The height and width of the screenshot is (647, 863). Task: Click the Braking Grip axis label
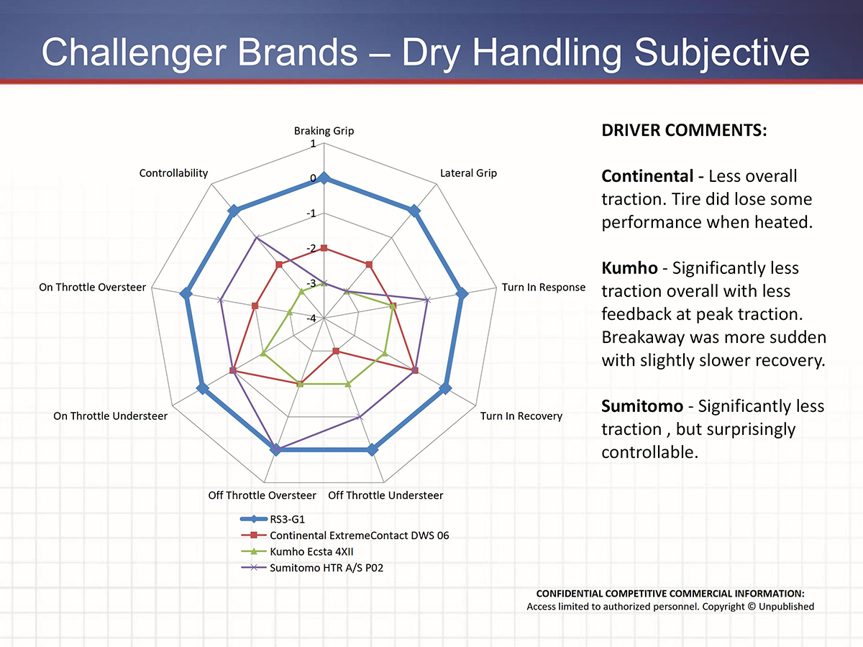tap(324, 131)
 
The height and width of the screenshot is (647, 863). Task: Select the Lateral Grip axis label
tap(468, 173)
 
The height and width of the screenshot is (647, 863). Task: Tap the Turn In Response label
tap(544, 288)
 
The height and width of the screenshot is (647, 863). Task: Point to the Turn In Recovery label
tap(521, 416)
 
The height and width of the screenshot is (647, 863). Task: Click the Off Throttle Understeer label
tap(385, 495)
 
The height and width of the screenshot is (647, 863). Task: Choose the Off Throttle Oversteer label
tap(262, 495)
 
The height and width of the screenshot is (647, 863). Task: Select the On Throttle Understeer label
tap(110, 416)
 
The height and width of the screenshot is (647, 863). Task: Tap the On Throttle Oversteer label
tap(92, 288)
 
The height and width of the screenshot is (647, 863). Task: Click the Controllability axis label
tap(173, 173)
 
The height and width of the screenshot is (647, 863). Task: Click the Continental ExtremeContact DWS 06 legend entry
tap(359, 536)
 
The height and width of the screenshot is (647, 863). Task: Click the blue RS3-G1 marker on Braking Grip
tap(324, 178)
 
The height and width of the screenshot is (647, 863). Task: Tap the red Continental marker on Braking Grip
tap(324, 248)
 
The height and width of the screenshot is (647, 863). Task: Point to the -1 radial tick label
tap(311, 214)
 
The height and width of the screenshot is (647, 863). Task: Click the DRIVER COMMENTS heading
tap(684, 132)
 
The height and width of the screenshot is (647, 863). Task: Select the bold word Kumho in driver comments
tap(629, 268)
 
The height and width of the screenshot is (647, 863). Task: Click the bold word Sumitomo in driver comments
tap(642, 407)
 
